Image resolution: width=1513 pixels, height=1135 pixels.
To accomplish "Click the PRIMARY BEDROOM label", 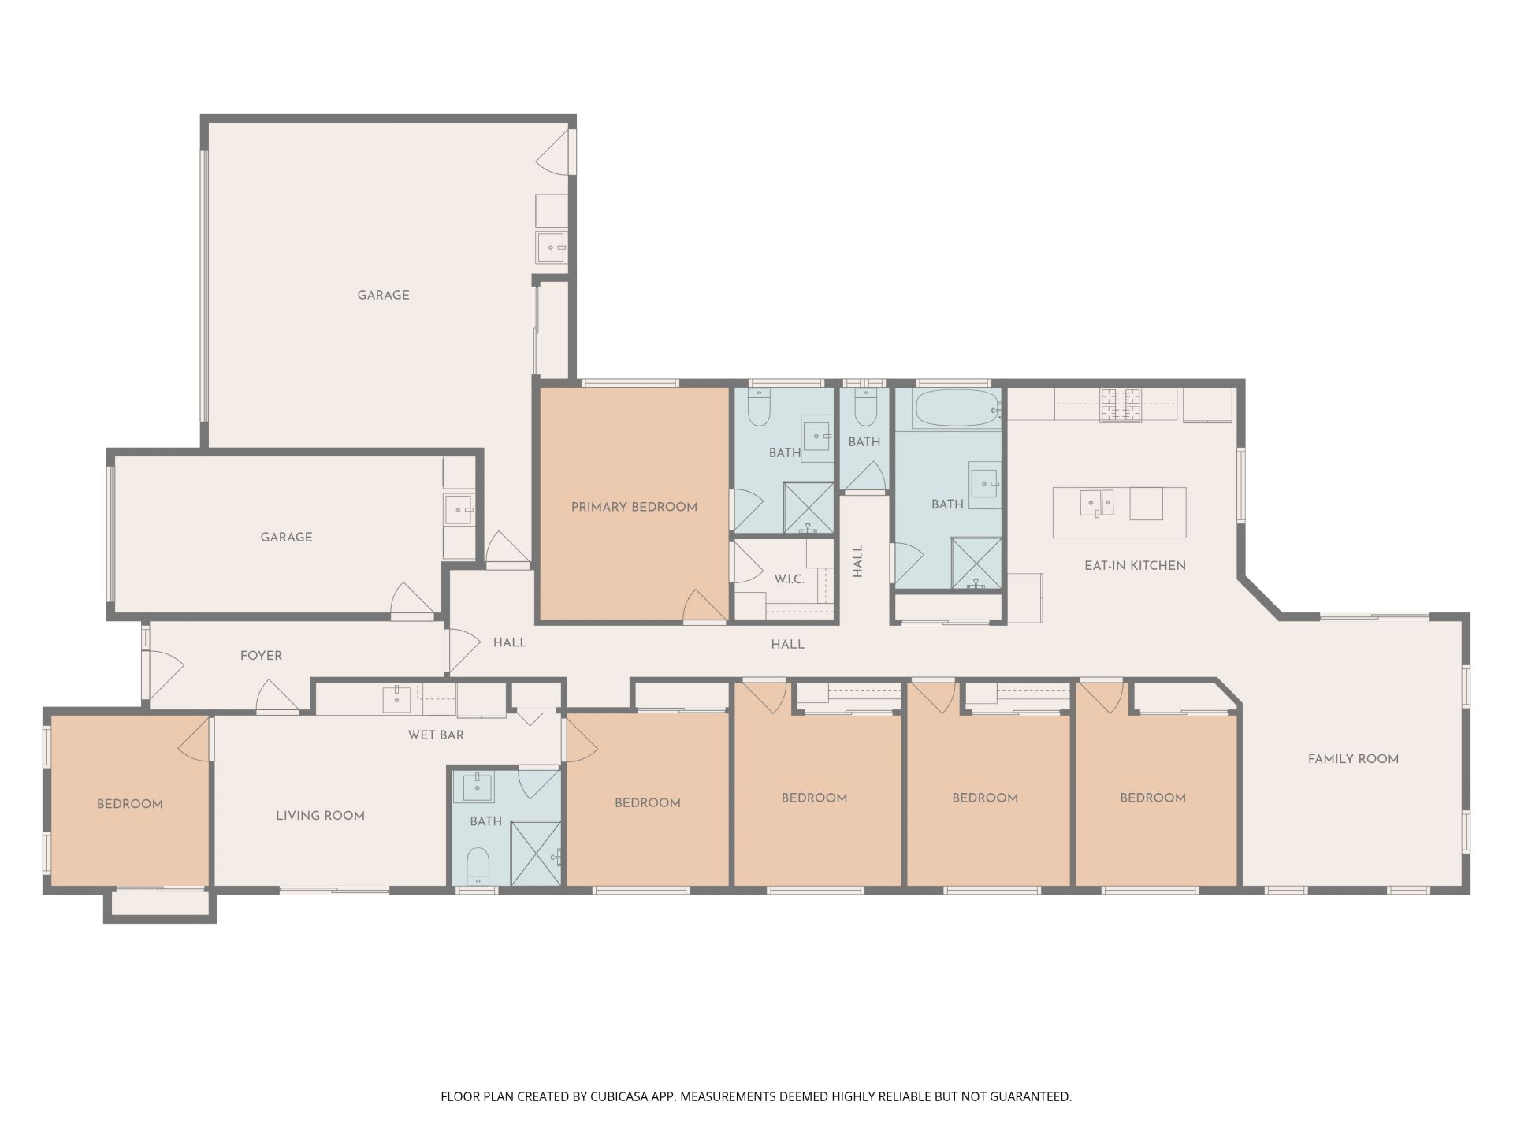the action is click(634, 507).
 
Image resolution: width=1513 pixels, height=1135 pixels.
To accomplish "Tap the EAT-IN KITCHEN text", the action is click(1135, 565).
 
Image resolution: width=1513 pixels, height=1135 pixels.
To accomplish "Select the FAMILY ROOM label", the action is click(1353, 759).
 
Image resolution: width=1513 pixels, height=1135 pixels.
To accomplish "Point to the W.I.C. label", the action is click(789, 579).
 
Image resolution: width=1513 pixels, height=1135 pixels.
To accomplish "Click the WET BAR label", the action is click(436, 735).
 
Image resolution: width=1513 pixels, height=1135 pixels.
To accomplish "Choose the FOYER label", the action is click(261, 655).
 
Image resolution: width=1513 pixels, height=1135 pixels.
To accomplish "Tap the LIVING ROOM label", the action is click(320, 816).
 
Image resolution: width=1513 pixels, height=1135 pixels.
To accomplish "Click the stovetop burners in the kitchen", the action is click(1121, 405).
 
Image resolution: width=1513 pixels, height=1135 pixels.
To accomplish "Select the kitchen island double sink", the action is click(1096, 502).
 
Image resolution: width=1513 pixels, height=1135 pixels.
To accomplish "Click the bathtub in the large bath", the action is click(955, 407).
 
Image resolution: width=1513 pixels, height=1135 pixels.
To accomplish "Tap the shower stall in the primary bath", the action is click(809, 508).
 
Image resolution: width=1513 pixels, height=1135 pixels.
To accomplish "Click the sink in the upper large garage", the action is click(551, 247).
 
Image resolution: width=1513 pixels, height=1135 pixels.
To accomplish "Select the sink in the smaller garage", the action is click(458, 509).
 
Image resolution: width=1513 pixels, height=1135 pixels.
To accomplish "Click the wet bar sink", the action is click(396, 699).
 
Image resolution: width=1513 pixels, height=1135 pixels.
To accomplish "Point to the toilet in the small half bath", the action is click(865, 406).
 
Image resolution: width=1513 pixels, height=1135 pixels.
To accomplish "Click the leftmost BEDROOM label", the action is click(130, 804).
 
